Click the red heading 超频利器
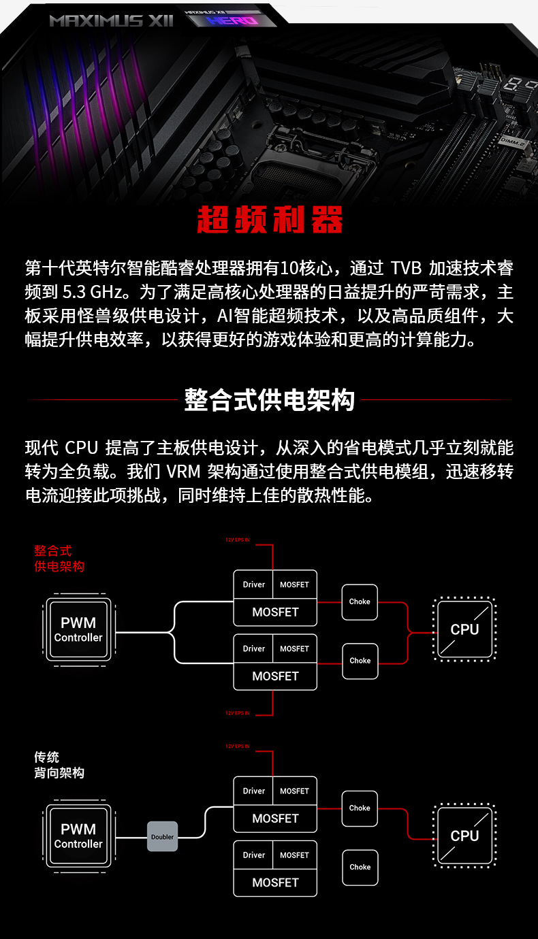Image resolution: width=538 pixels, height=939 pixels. point(269,218)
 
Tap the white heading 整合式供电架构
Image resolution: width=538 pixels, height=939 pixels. point(269,400)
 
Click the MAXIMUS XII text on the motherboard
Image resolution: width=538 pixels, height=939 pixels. point(111,20)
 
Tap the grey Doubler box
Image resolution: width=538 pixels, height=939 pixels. point(162,837)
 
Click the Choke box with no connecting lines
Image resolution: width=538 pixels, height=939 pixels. point(360,867)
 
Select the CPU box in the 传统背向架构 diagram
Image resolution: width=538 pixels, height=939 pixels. point(464,836)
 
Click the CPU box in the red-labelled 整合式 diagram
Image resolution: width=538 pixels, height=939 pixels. point(464,630)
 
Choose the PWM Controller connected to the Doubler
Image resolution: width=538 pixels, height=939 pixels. point(78,836)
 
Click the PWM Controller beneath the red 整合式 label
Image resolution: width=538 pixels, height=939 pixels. point(78,630)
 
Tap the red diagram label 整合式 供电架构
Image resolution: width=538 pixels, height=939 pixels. point(59,559)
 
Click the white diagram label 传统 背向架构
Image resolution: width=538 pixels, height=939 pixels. point(59,765)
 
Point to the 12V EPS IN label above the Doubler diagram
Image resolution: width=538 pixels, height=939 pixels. point(238,746)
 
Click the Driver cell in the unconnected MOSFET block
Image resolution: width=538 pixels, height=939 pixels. point(253,855)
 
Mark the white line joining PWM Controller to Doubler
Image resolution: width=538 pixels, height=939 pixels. point(131,837)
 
